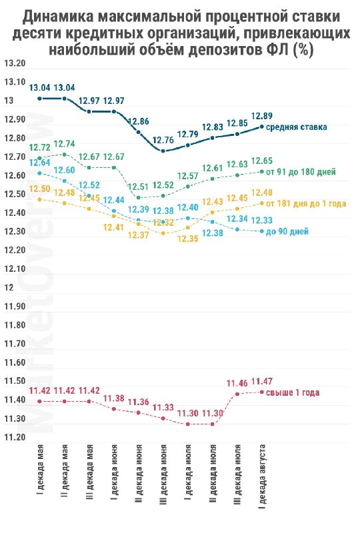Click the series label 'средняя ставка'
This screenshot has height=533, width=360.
[x=297, y=127]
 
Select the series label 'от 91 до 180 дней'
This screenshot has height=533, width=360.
[x=301, y=172]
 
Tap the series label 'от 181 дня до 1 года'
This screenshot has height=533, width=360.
[x=306, y=204]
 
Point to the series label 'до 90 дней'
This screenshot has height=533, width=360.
[x=287, y=231]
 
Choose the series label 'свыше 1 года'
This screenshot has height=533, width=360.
[x=293, y=392]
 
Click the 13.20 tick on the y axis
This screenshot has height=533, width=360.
[x=15, y=63]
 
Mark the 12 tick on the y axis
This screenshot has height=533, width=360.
[x=9, y=287]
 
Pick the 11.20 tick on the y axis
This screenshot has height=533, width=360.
[x=15, y=437]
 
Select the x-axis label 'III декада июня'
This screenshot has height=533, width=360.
[x=163, y=474]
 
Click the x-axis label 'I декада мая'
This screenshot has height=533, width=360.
[x=40, y=468]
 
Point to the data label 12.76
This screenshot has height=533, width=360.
[x=163, y=140]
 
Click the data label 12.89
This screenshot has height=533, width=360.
[x=261, y=116]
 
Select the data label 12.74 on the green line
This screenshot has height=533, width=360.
[x=64, y=144]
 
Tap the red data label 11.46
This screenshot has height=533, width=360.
[x=237, y=384]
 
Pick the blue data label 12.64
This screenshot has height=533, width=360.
[x=40, y=163]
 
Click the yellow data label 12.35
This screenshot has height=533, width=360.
[x=188, y=239]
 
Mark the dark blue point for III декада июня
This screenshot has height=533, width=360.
[x=163, y=151]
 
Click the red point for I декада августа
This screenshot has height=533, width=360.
[x=261, y=392]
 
